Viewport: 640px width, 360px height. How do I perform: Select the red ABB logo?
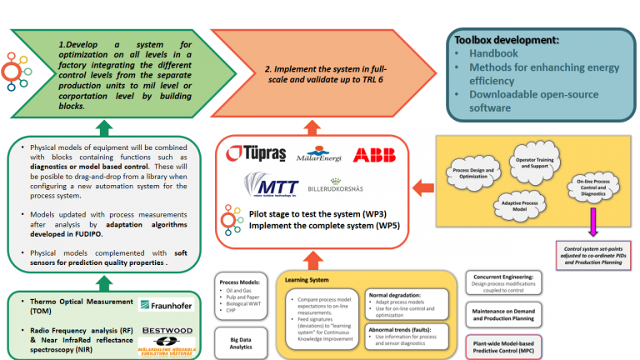pyautogui.click(x=372, y=154)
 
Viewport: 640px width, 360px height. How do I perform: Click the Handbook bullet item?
pyautogui.click(x=497, y=52)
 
